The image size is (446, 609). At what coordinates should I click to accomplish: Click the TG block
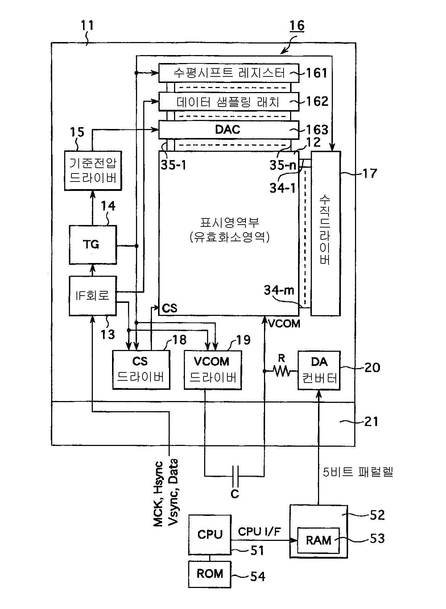[93, 245]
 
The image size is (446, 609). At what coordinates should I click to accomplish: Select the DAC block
[229, 130]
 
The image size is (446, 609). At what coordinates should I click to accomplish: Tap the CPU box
[210, 534]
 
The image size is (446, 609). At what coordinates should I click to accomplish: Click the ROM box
[210, 574]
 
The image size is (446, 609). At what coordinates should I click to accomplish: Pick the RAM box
[318, 540]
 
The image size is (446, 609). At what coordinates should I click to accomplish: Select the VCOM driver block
[213, 370]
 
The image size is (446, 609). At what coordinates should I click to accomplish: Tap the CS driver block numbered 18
[141, 370]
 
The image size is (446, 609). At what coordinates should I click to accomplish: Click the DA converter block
[319, 370]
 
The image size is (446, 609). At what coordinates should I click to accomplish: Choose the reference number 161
[317, 73]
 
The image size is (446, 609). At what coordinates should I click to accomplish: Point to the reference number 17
[370, 174]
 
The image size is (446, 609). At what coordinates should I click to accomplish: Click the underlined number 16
[297, 26]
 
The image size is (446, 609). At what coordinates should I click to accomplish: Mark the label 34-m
[279, 290]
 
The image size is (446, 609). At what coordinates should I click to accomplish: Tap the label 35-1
[174, 165]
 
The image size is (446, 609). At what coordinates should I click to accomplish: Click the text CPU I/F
[259, 531]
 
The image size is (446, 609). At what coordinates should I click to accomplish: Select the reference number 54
[257, 576]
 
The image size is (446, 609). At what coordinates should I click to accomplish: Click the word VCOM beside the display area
[284, 324]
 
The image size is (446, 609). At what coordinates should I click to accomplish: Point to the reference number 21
[371, 422]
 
